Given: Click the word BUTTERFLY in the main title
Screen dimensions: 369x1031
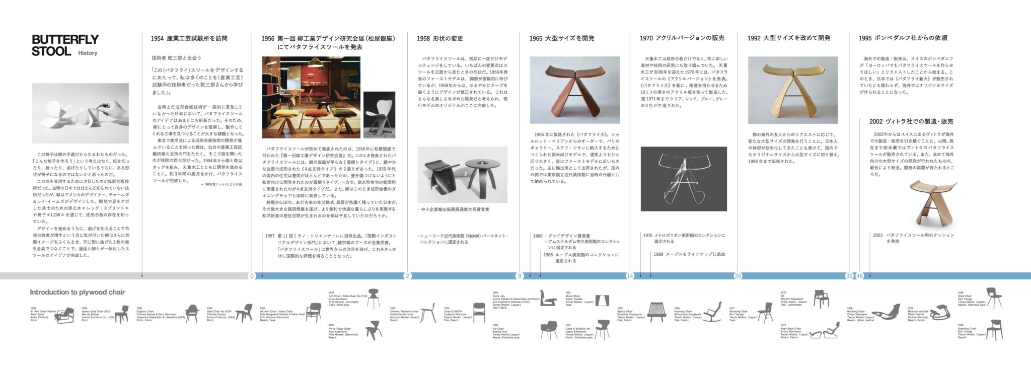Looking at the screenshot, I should (65, 40).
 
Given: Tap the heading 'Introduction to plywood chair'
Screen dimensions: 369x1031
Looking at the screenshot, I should (77, 292).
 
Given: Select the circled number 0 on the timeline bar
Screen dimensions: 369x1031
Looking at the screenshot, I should (252, 276).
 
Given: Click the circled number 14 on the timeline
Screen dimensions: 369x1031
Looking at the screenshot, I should (630, 276).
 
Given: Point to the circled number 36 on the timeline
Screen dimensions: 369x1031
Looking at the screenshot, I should (738, 276).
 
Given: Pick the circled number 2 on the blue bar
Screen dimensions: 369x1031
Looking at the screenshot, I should (407, 276).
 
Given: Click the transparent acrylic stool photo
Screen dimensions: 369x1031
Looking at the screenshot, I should (683, 179).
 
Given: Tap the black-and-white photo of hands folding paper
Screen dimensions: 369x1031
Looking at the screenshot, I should (80, 113).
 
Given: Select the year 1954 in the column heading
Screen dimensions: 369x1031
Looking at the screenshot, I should (157, 39).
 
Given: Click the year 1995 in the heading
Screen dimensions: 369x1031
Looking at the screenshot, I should (865, 38).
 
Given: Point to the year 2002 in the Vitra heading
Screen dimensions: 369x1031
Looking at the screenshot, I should (875, 122).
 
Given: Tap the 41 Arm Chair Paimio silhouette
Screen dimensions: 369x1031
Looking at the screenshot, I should (64, 316).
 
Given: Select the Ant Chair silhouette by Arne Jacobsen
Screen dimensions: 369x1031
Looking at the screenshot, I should (373, 298).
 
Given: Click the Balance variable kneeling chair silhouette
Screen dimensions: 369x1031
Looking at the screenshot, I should (939, 313).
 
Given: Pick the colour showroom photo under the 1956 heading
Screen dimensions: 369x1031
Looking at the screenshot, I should (311, 98).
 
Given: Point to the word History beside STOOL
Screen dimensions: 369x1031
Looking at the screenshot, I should (88, 53).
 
